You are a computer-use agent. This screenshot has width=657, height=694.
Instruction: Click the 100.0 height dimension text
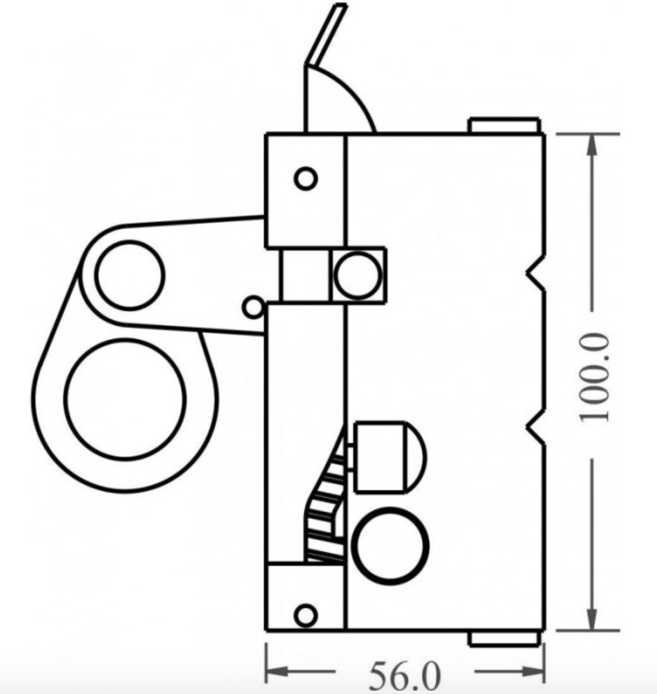click(x=595, y=378)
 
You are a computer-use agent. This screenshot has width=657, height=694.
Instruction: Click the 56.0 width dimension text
click(x=405, y=675)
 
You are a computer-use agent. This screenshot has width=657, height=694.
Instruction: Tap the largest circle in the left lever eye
click(x=125, y=399)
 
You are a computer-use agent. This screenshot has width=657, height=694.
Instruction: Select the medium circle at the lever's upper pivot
click(x=129, y=275)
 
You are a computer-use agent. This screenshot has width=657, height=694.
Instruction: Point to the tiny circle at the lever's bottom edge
click(x=253, y=308)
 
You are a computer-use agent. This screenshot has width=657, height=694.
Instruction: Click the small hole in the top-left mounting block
click(x=306, y=178)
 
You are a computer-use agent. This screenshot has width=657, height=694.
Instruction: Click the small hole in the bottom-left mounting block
click(x=306, y=615)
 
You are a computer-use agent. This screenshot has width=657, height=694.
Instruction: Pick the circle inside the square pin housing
click(x=358, y=275)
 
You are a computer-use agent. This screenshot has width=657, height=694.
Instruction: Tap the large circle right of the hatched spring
click(x=390, y=546)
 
